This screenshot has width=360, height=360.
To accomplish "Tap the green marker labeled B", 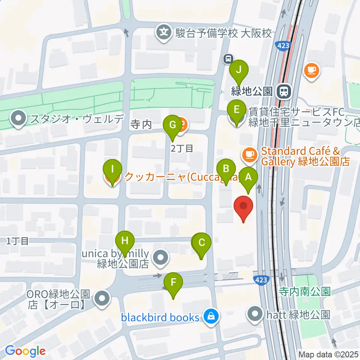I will click(226, 169).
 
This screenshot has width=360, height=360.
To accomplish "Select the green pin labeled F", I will click(173, 282).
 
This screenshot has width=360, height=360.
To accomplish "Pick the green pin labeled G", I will click(172, 125).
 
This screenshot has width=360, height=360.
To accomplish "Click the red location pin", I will click(243, 207).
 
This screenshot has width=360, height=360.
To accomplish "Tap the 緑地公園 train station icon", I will click(283, 91).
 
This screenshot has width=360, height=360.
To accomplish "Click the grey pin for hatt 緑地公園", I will click(256, 314).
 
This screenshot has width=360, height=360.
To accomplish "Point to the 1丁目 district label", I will click(17, 241).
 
